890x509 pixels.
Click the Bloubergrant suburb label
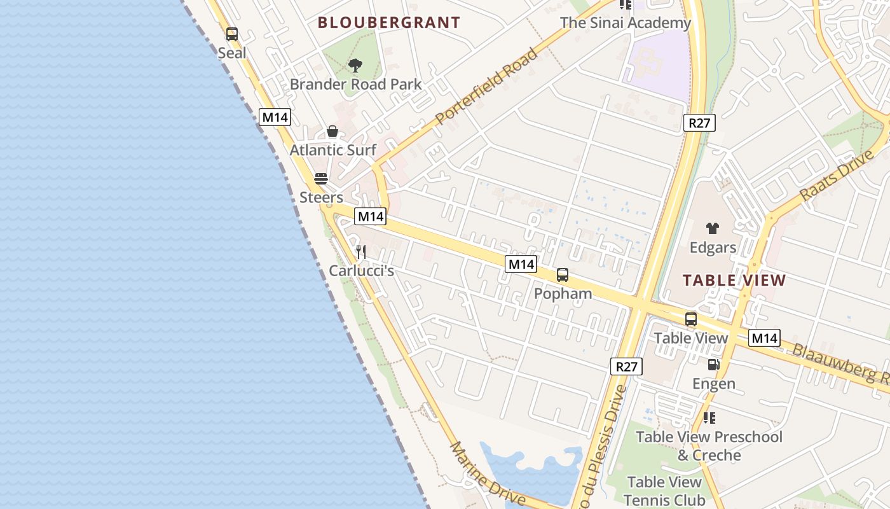[x=388, y=23]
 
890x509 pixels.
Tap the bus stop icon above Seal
[x=232, y=34]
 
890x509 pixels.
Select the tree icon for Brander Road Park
[x=355, y=65]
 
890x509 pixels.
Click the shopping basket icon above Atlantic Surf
[x=332, y=132]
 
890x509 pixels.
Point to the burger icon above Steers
[x=321, y=178]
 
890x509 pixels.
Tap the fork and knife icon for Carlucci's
[x=361, y=252]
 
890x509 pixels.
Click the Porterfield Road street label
[x=487, y=86]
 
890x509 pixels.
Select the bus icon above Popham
[x=563, y=275]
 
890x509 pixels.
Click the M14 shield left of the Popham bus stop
[x=521, y=264]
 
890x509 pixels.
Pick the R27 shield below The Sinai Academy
[x=699, y=123]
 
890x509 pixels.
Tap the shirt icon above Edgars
[x=713, y=228]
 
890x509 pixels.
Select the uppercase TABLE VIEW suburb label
[x=734, y=280]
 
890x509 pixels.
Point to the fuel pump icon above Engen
[x=713, y=365]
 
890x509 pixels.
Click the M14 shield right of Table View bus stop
[x=764, y=338]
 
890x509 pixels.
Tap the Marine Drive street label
[x=488, y=474]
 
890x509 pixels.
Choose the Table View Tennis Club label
[x=665, y=491]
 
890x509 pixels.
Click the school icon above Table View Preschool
[x=709, y=418]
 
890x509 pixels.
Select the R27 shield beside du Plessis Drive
[x=627, y=366]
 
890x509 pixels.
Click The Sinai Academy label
[x=625, y=23]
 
